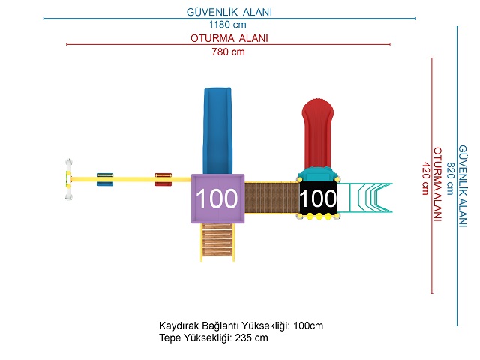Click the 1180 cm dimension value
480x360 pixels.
pos(227,25)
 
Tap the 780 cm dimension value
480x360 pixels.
pos(228,52)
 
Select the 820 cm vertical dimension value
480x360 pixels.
pos(450,178)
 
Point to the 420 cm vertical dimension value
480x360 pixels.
pos(425,178)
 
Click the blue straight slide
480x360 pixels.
pos(217,131)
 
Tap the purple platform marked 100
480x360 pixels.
pos(217,199)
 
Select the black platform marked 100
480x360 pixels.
pos(318,198)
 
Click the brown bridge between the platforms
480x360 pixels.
pos(271,198)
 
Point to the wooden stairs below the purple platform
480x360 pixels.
pos(217,242)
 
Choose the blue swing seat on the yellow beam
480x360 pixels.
pos(105,180)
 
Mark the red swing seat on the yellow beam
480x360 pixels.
pos(163,180)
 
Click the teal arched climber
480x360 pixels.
pos(365,198)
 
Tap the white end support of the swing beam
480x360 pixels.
pos(69,179)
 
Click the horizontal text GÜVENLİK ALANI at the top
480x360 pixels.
pos(229,12)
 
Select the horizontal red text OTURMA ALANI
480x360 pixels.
pos(229,38)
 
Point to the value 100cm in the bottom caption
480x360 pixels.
pos(308,325)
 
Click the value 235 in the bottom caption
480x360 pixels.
pos(243,337)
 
